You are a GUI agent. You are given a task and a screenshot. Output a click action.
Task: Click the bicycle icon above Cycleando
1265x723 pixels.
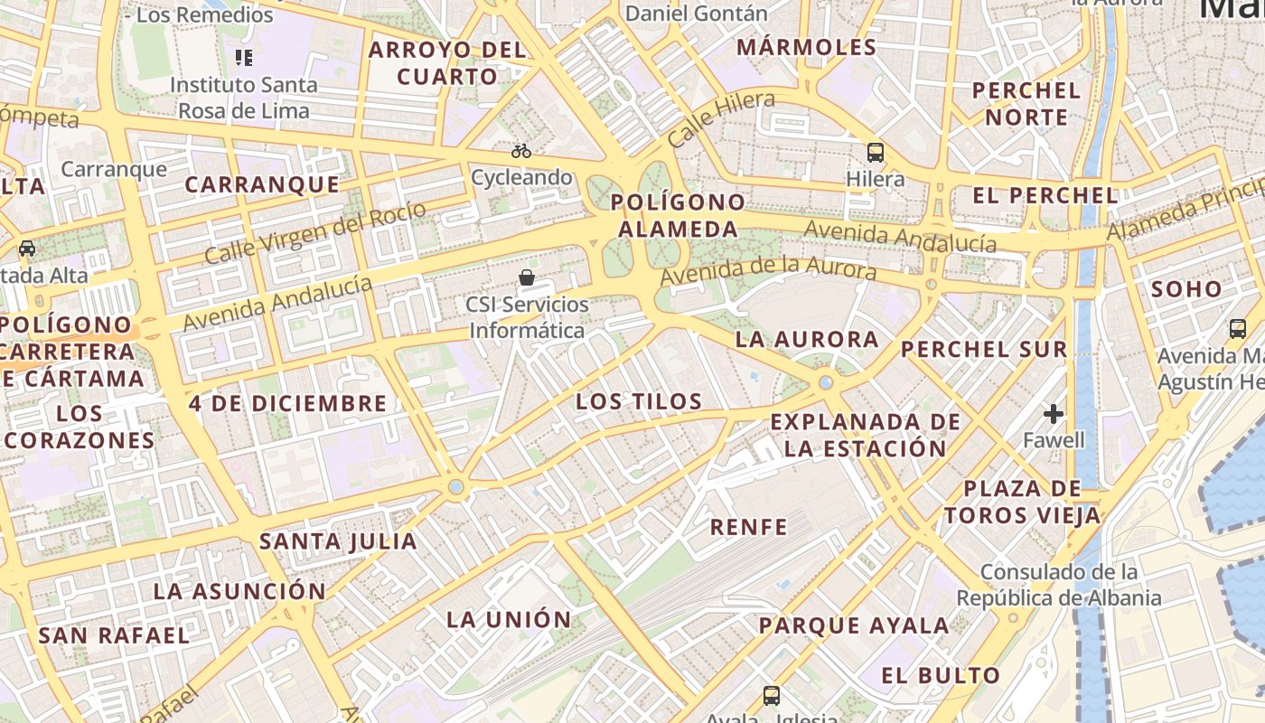pos(521,151)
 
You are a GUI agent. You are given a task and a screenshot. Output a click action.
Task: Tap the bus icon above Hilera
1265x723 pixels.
pos(875,152)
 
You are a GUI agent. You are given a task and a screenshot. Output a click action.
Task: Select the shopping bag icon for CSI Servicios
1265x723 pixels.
pos(527,277)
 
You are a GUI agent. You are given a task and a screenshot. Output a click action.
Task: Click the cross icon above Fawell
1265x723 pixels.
pos(1054,414)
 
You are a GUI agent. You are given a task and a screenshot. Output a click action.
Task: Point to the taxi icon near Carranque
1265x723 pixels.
pos(27,249)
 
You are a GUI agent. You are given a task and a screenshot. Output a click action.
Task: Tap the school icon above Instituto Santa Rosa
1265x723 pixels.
pos(243,59)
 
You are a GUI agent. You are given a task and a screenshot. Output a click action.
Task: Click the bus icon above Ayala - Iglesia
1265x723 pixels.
pos(771,695)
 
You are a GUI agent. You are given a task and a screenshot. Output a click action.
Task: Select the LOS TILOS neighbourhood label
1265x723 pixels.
pos(639,401)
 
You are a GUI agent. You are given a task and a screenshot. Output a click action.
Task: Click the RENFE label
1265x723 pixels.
pos(749,527)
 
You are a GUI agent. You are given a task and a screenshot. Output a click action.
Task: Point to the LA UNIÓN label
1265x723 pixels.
pos(510,619)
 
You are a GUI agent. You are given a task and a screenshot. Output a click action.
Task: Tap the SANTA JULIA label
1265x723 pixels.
pos(338,541)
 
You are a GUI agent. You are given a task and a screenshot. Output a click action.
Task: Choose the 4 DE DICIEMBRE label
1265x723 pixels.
pos(287,403)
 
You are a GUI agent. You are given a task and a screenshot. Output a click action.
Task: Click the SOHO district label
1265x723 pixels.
pos(1186,289)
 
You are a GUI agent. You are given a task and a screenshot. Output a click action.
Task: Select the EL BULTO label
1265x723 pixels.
pos(941,675)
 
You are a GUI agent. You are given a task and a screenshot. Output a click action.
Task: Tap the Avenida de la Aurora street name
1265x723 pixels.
pos(768,269)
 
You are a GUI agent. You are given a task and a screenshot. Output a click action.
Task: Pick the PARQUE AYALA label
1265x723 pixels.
pos(854,625)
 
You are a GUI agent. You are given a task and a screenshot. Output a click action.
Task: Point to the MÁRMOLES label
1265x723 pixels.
pos(807,47)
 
